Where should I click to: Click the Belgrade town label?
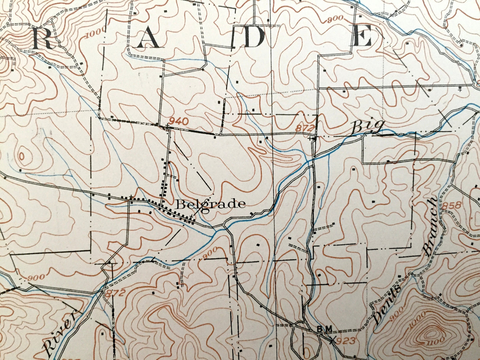[x=211, y=204]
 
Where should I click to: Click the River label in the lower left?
[x=59, y=332]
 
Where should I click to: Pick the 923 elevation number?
[x=347, y=341]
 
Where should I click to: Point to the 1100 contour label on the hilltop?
[x=435, y=341]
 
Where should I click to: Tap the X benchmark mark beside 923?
[x=333, y=339]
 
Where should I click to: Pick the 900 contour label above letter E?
[x=333, y=20]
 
